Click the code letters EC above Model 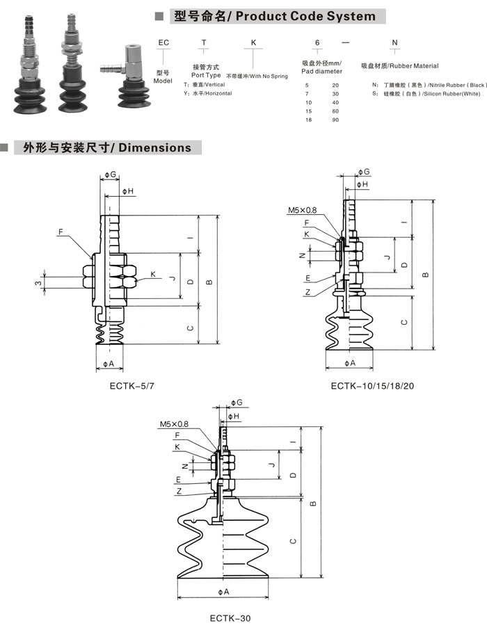click(164, 43)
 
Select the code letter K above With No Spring click(253, 43)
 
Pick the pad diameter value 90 click(335, 120)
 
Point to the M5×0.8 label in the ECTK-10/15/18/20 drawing click(302, 209)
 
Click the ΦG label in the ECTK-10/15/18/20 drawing click(363, 172)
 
